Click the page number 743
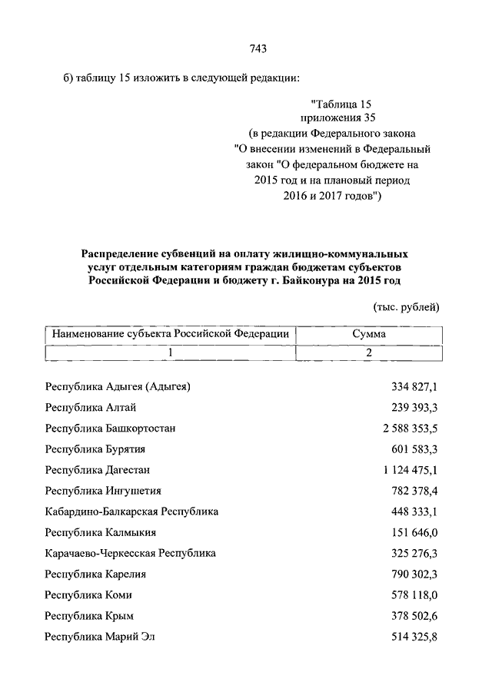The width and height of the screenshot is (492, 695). (258, 50)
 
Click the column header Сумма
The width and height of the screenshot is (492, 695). (369, 334)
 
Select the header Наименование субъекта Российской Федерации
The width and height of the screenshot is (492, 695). (170, 334)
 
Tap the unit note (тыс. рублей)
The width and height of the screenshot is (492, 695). (406, 307)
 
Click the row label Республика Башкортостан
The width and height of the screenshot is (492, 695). (111, 428)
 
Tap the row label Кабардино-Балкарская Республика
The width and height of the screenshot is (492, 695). (131, 511)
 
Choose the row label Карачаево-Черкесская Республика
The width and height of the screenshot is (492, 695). (130, 552)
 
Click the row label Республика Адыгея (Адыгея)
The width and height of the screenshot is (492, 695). (118, 386)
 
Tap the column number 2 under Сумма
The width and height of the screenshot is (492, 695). (369, 352)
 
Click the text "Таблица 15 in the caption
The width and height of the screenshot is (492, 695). (341, 103)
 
